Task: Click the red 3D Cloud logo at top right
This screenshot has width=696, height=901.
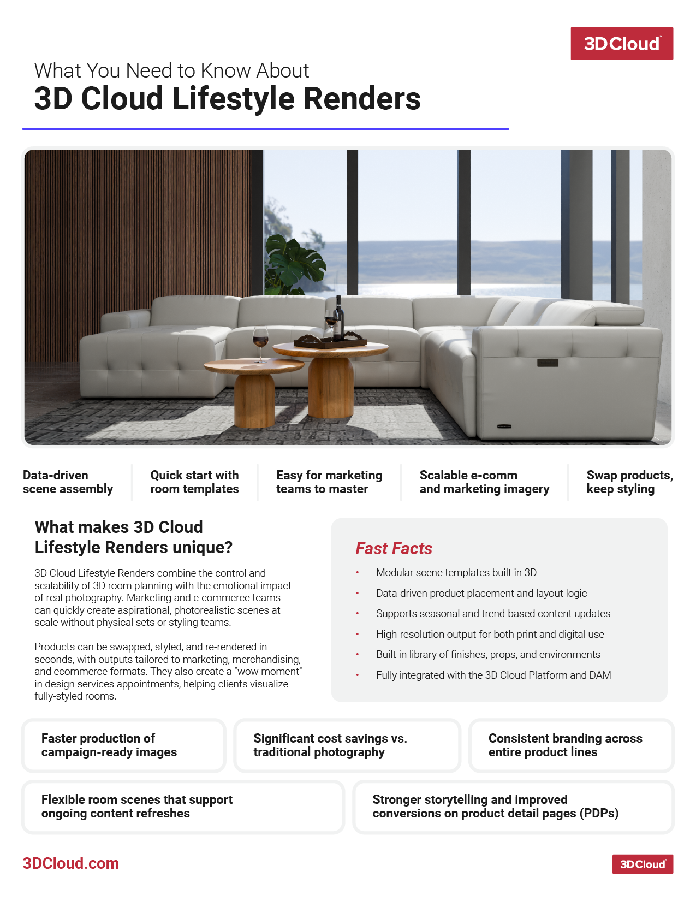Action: click(621, 44)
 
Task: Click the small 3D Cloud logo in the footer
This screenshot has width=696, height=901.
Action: click(642, 864)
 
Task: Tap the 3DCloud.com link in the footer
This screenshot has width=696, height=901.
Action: click(71, 863)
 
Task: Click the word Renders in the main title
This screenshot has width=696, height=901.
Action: click(361, 99)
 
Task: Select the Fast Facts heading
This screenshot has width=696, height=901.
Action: click(394, 548)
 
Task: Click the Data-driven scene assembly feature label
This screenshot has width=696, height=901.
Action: click(68, 482)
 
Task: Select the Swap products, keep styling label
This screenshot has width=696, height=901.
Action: click(629, 482)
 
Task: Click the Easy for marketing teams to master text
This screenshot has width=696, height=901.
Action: click(329, 482)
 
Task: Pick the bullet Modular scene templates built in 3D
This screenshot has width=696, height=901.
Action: click(456, 572)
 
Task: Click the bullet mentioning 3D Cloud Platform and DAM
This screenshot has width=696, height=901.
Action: click(493, 675)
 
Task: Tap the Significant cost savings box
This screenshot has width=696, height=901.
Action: click(347, 745)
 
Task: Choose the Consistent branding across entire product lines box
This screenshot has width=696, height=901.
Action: click(571, 745)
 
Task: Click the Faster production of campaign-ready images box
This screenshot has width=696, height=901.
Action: click(123, 745)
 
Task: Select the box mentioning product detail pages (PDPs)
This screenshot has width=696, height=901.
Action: click(513, 807)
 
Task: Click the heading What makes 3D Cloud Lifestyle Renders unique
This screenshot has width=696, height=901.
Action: click(134, 537)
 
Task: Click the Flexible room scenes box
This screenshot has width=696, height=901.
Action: click(183, 807)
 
